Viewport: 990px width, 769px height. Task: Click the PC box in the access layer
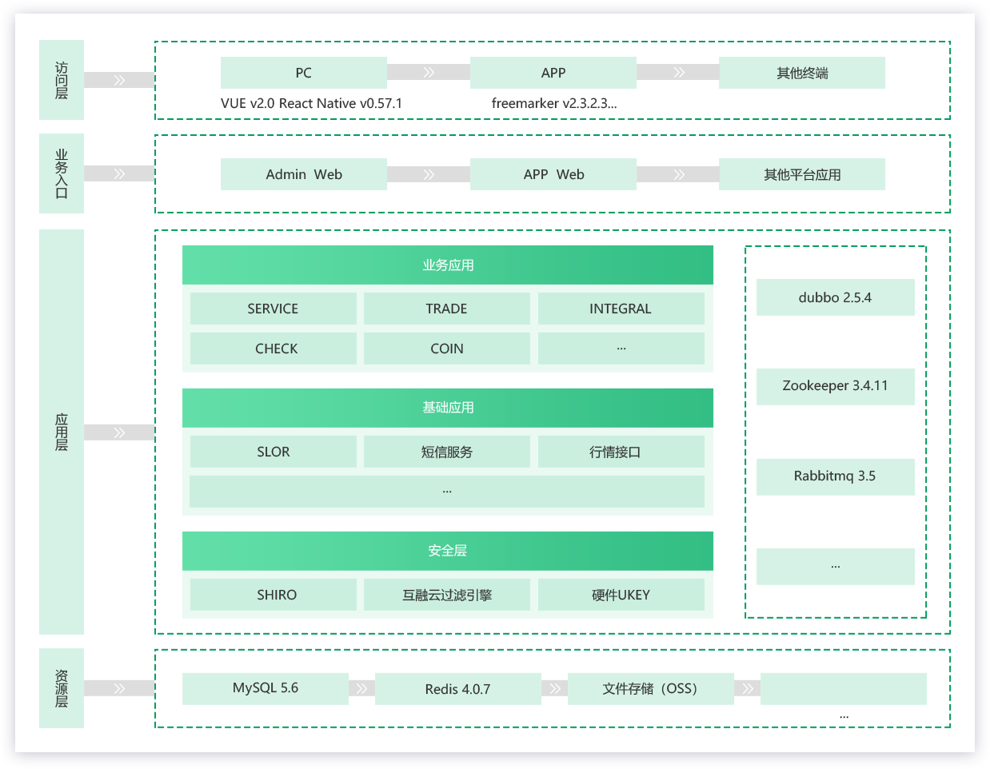[x=303, y=73]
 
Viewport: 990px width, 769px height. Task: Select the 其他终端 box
[x=801, y=73]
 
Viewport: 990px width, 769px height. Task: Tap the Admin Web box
[x=303, y=174]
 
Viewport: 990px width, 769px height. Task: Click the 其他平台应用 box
[x=801, y=174]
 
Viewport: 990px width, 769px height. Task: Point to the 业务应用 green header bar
[x=447, y=265]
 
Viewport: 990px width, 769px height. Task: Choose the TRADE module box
[x=446, y=309]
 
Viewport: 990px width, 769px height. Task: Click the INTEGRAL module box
[x=621, y=309]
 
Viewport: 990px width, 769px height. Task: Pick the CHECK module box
[x=273, y=349]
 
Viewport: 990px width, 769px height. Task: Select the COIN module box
[x=446, y=349]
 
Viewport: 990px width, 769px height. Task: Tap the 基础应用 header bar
[x=447, y=408]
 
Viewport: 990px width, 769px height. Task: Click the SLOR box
[x=273, y=451]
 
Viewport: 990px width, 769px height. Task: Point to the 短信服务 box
[x=446, y=451]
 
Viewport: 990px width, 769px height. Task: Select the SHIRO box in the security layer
[x=273, y=594]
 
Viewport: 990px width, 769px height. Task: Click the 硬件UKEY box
[x=621, y=594]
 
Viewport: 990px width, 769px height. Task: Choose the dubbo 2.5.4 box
[x=835, y=297]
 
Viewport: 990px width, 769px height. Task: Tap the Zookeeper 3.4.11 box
[x=835, y=386]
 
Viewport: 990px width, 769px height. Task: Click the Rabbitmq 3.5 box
[x=835, y=476]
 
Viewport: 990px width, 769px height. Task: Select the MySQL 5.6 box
[x=265, y=688]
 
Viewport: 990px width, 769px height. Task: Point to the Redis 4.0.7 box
[x=458, y=688]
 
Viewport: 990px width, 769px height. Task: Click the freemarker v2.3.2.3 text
[x=553, y=103]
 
